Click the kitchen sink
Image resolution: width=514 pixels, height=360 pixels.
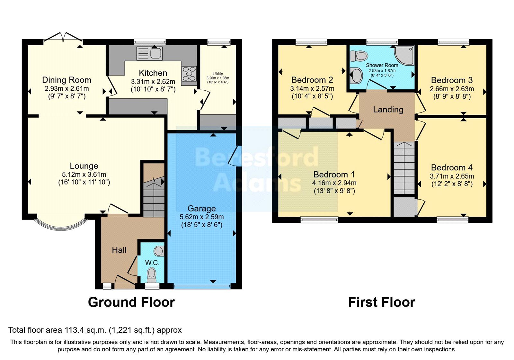[150, 53]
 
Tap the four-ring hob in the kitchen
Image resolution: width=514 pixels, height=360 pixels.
[189, 74]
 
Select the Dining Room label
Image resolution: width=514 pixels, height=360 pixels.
[66, 80]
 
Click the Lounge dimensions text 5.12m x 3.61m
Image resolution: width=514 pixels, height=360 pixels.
[84, 175]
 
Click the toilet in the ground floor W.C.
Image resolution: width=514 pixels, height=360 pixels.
[151, 274]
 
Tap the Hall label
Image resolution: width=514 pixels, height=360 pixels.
[119, 250]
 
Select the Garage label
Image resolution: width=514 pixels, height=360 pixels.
[201, 208]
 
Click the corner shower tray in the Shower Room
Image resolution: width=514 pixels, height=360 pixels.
[404, 55]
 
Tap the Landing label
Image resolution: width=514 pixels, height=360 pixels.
[388, 110]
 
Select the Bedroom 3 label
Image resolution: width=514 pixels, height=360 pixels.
[452, 80]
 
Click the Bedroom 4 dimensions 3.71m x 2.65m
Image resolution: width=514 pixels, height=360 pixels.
[452, 176]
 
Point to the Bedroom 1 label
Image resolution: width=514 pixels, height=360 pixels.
[334, 175]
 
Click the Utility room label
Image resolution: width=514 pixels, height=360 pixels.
[217, 74]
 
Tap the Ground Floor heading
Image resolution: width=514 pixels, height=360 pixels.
[131, 302]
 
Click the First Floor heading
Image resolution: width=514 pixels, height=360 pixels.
[382, 302]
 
